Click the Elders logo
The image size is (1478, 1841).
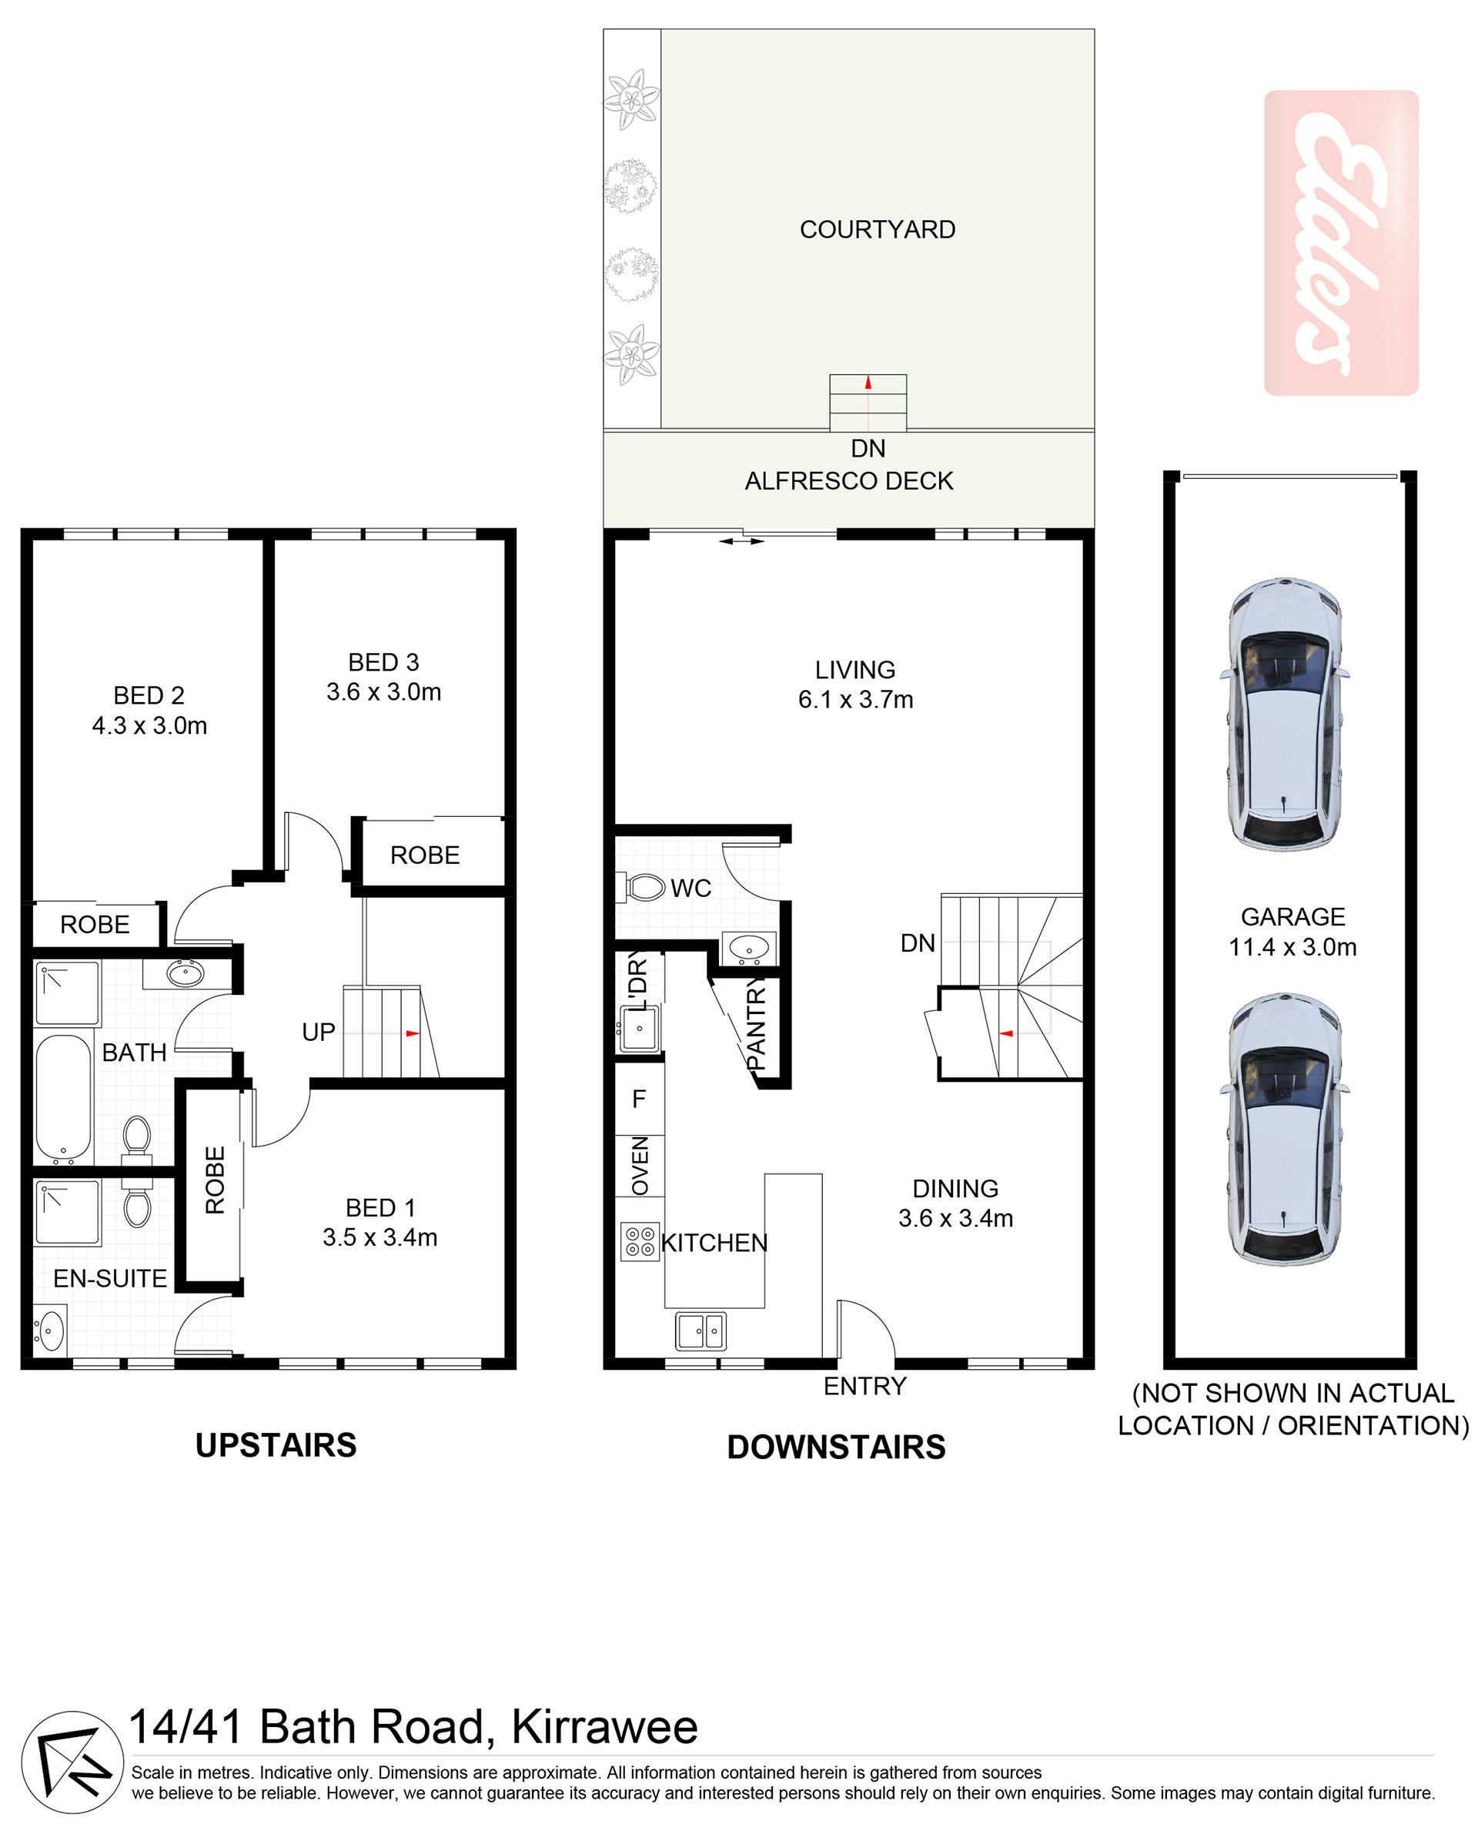coord(1340,243)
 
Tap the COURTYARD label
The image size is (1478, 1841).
coord(877,229)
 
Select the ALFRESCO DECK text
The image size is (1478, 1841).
coord(849,480)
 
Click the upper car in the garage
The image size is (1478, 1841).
coord(1284,714)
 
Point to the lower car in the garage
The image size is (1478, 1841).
coord(1284,1129)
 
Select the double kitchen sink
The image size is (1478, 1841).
coord(701,1331)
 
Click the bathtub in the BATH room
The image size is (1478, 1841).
coord(63,1098)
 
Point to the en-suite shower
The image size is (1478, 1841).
coord(68,1213)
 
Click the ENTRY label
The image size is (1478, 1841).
coord(864,1386)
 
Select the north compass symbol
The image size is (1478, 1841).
coord(72,1762)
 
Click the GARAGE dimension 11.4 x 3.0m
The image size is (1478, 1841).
coord(1292,947)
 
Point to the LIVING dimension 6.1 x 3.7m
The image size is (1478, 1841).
coord(855,700)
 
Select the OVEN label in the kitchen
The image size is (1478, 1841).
coord(640,1166)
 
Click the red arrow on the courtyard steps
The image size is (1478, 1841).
coord(868,383)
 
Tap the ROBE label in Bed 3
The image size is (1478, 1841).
coord(424,855)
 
